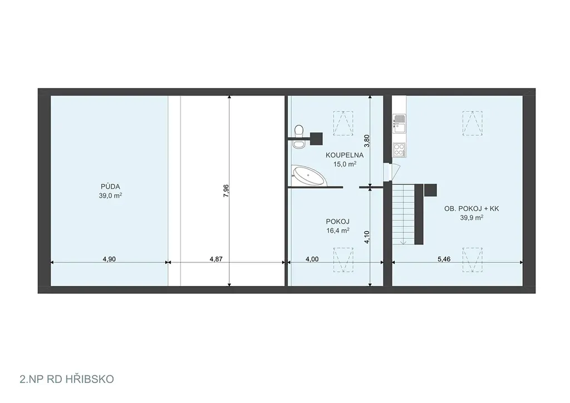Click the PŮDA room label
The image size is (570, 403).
point(110,187)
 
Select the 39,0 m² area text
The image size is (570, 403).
point(110,195)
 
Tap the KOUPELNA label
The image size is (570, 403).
point(345,155)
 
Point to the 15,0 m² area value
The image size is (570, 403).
point(345,164)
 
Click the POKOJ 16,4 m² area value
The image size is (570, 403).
point(338,230)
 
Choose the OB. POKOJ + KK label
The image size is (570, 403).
point(471,209)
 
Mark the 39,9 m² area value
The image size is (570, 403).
point(471,218)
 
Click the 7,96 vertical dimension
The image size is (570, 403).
point(226,191)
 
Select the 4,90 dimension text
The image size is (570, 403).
point(109,259)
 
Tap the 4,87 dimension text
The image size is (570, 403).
point(216,259)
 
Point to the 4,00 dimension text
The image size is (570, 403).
point(312,259)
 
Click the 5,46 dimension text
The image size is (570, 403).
point(444,259)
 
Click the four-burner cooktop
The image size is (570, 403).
point(399,150)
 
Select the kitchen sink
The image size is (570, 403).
point(399,123)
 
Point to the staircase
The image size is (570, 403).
point(404,214)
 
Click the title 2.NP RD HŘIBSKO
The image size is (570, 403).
point(67,380)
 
